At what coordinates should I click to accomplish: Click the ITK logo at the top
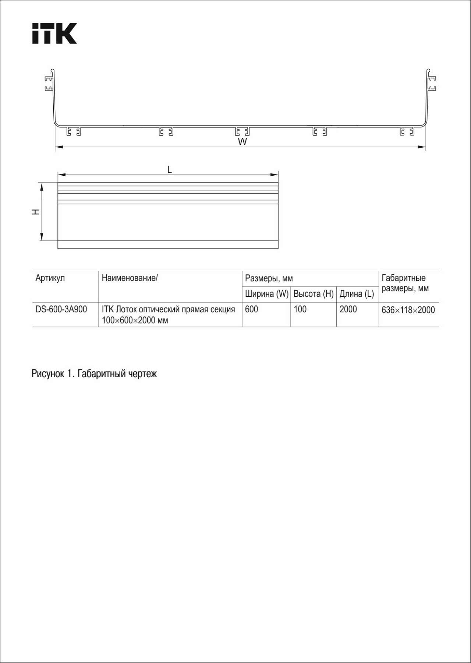54,34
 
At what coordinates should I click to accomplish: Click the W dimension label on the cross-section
242,142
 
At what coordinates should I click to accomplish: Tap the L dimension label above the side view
169,170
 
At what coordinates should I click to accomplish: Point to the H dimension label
36,211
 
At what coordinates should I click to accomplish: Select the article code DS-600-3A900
61,309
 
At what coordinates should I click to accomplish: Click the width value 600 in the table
251,309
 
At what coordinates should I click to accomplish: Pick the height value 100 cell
300,309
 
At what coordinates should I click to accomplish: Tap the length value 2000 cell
348,309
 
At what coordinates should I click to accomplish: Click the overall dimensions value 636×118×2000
408,310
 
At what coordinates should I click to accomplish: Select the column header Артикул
50,278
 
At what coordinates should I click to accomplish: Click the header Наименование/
130,278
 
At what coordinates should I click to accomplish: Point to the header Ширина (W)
267,294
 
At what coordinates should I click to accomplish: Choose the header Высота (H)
314,294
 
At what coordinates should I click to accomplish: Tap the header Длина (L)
357,294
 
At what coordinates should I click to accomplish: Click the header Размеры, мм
269,278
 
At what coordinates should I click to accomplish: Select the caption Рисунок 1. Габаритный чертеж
94,374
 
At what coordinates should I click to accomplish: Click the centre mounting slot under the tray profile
242,131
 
